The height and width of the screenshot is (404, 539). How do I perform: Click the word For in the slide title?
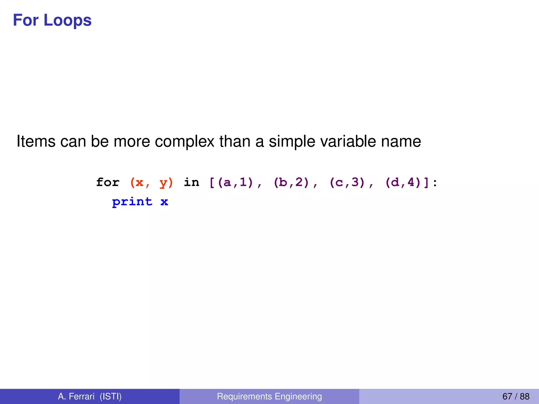click(x=26, y=21)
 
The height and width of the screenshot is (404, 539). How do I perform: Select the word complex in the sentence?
click(x=184, y=141)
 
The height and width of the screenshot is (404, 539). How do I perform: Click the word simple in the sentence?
click(x=292, y=141)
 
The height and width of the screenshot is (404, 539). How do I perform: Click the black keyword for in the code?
click(x=108, y=182)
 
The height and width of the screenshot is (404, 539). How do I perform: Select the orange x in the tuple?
click(x=139, y=182)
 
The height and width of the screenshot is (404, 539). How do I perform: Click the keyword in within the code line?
click(x=191, y=182)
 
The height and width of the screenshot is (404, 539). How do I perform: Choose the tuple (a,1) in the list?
click(x=235, y=182)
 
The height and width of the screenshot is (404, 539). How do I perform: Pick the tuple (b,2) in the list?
click(x=291, y=182)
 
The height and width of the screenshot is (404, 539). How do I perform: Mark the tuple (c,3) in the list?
click(x=347, y=182)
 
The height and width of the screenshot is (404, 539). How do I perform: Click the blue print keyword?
click(x=132, y=202)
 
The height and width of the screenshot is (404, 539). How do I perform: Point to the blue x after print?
click(x=164, y=202)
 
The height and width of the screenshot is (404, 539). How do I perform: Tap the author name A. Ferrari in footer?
click(x=76, y=396)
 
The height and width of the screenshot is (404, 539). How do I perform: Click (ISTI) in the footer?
click(x=111, y=396)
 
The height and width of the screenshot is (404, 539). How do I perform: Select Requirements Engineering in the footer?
click(x=269, y=396)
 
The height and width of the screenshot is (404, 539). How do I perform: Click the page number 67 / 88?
click(x=516, y=396)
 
